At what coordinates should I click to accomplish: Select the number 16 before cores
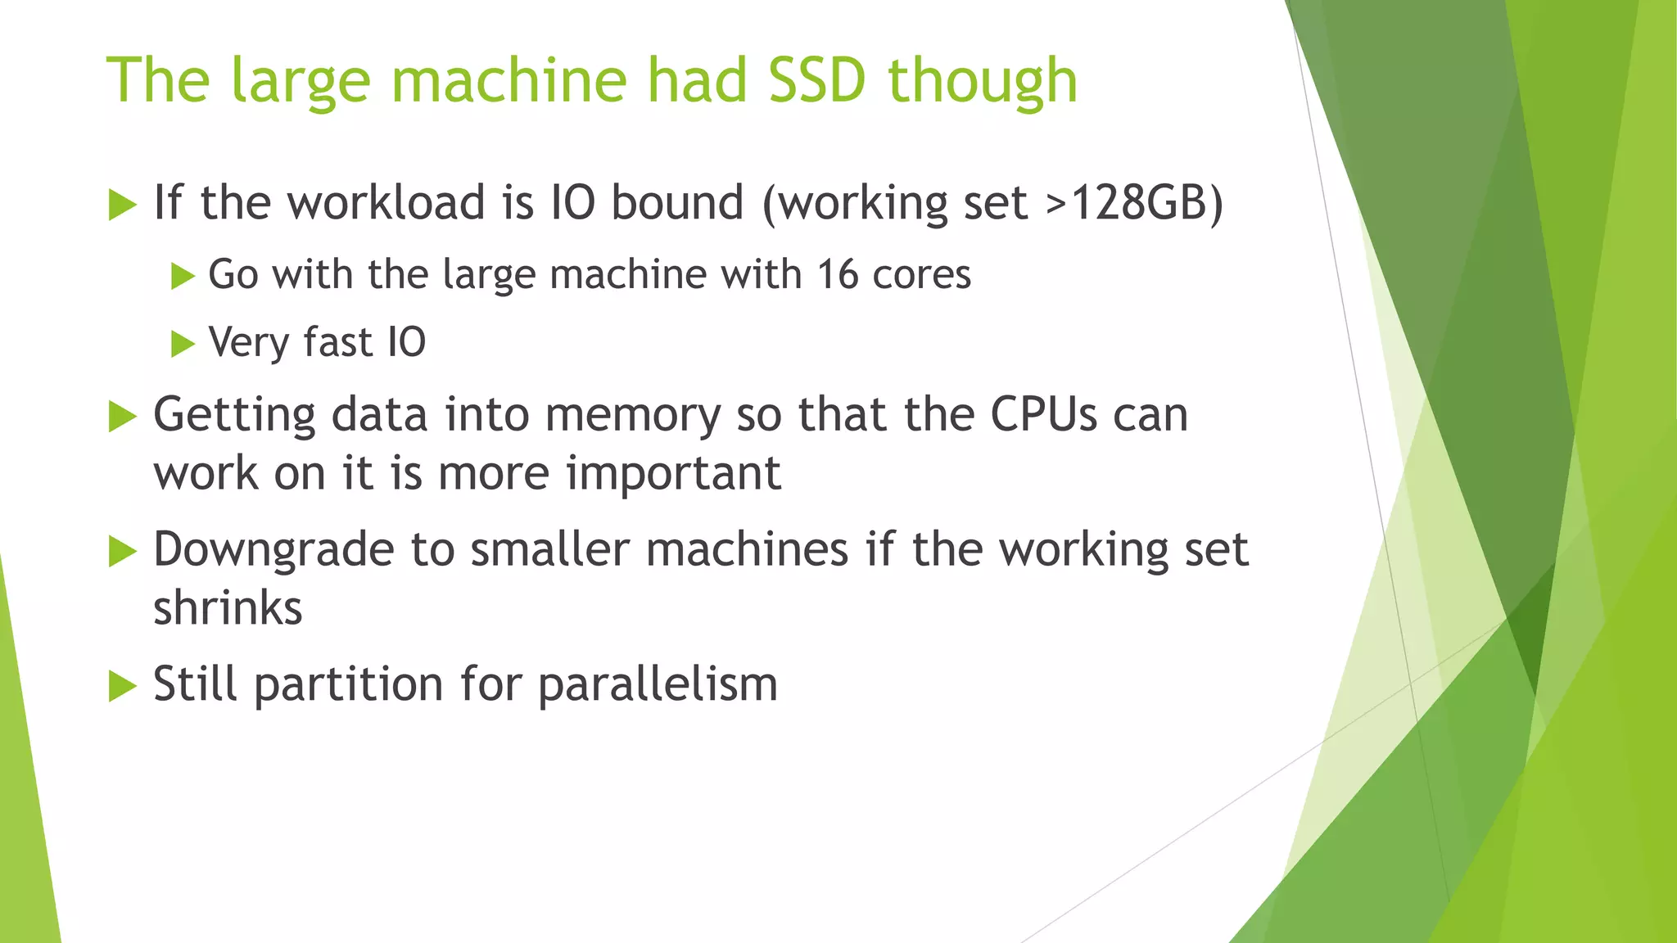tap(837, 274)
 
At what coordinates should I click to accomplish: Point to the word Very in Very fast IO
tap(248, 342)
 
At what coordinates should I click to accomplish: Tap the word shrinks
tap(228, 608)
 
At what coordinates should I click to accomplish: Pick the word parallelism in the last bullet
tap(658, 684)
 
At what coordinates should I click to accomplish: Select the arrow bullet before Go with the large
tap(182, 276)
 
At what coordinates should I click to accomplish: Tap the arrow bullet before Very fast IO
tap(182, 344)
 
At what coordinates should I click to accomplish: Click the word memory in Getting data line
tap(632, 416)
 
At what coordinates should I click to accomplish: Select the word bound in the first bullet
tap(677, 202)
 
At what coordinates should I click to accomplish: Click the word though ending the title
tap(982, 82)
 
